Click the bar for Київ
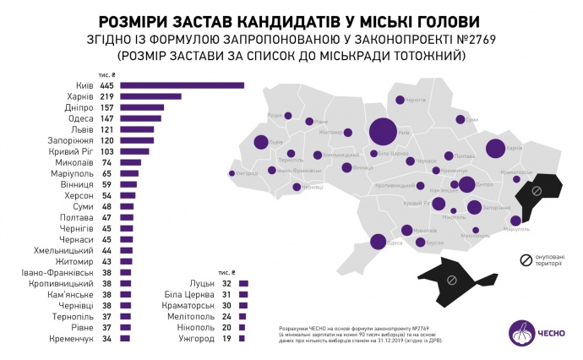(182, 85)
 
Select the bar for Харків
(151, 96)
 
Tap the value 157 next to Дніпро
(106, 107)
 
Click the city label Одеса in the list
(81, 118)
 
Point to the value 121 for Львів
(106, 129)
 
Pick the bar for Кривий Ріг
(134, 151)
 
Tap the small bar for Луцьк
(243, 284)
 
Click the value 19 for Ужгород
(226, 338)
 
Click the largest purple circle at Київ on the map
(382, 132)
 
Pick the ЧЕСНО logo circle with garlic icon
(520, 332)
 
